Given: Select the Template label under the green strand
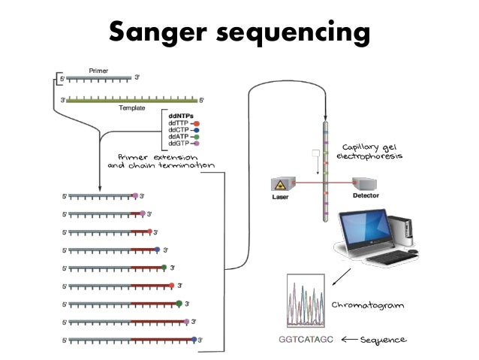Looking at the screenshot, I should click(132, 108).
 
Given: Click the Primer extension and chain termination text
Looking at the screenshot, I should click(160, 160).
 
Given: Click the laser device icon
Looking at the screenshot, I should click(279, 185).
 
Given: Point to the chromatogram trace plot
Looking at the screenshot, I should click(306, 298).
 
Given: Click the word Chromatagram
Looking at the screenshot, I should click(368, 305).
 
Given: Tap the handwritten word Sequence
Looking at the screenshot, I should click(383, 340).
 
